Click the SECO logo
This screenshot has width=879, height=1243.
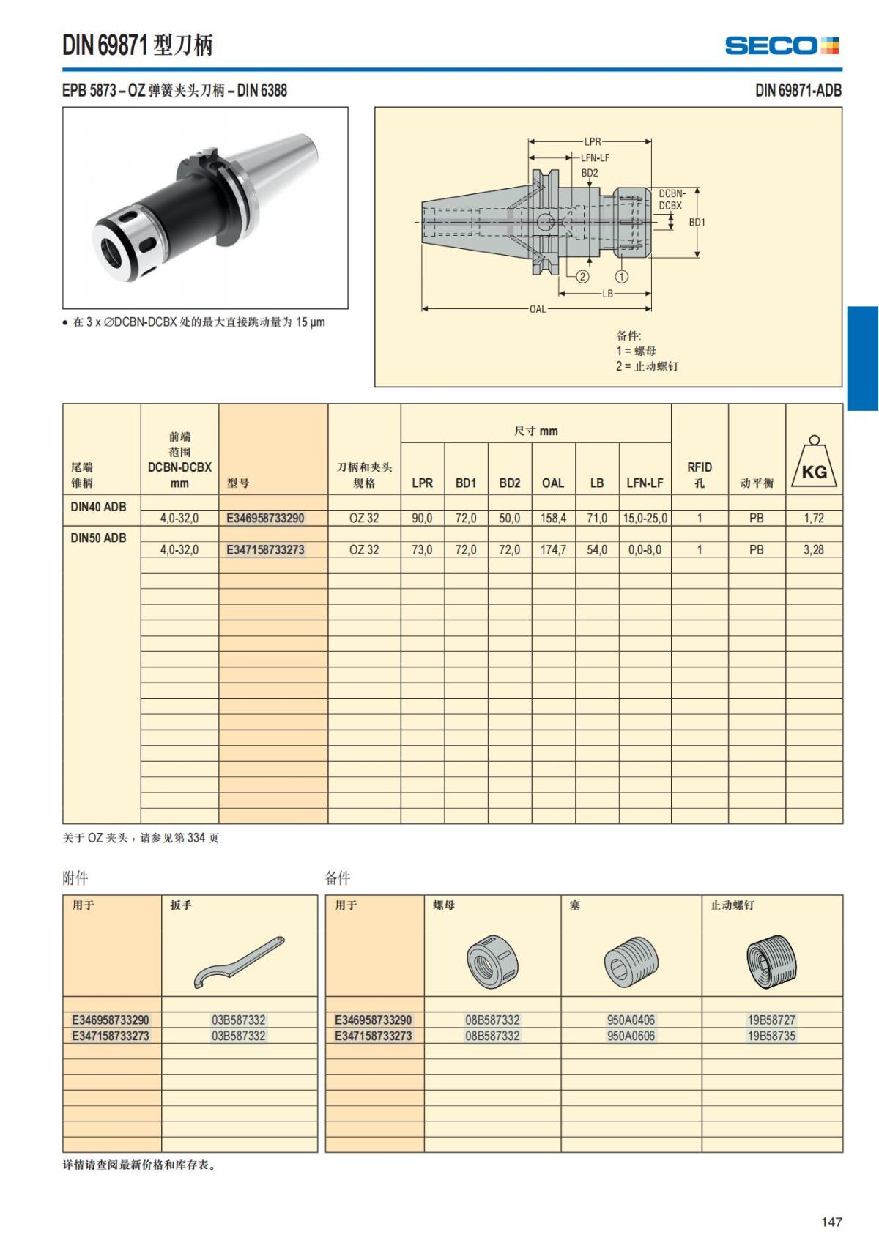click(782, 45)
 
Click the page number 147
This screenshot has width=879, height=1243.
click(831, 1222)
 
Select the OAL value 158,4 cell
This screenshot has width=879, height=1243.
click(553, 518)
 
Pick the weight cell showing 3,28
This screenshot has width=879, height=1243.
click(813, 549)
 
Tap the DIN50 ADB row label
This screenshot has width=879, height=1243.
click(98, 538)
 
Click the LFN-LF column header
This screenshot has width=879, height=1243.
click(645, 483)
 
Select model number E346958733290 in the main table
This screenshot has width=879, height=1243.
click(265, 518)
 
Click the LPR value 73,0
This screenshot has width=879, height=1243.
click(422, 549)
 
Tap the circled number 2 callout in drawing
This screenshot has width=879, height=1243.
click(582, 276)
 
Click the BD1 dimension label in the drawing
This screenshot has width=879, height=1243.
click(697, 222)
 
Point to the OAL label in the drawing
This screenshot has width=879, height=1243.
click(538, 309)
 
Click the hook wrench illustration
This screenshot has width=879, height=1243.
click(239, 961)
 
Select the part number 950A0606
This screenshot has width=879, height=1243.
click(631, 1036)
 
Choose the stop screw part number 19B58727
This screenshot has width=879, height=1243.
click(771, 1020)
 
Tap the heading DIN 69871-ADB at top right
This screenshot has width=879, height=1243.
click(798, 90)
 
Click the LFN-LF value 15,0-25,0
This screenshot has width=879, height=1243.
click(645, 518)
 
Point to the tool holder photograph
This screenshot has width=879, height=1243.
click(205, 207)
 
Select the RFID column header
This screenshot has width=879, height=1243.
click(699, 474)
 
